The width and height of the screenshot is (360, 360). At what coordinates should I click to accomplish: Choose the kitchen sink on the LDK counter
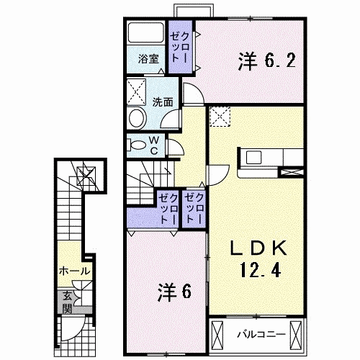(254, 157)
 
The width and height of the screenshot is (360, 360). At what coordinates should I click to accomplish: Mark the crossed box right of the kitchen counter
(294, 172)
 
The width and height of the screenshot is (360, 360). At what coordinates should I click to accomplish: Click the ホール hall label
(74, 271)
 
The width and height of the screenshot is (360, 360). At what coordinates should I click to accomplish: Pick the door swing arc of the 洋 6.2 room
(191, 94)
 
